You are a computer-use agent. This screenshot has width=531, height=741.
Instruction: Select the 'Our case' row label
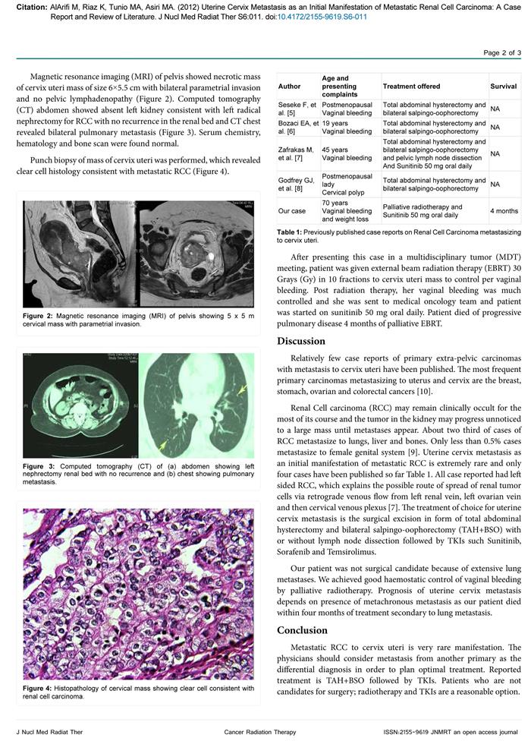click(x=293, y=210)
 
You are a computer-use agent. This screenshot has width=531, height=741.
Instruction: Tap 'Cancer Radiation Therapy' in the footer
click(x=265, y=731)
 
